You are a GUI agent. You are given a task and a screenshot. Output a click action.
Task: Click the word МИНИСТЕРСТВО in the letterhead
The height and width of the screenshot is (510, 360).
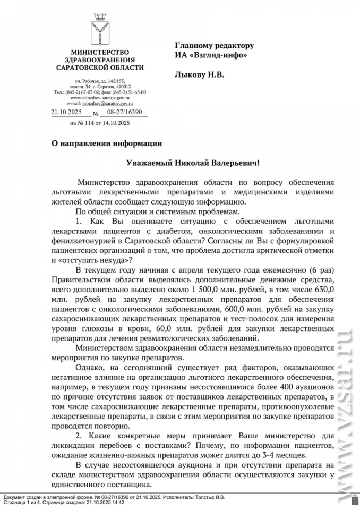[x=100, y=52]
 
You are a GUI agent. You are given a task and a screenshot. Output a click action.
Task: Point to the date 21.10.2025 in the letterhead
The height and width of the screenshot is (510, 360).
[x=66, y=112]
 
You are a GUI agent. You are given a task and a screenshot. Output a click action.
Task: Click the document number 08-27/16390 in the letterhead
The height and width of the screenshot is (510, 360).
[x=125, y=112]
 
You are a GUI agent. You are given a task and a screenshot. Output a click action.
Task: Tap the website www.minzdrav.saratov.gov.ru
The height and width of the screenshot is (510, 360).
[x=100, y=98]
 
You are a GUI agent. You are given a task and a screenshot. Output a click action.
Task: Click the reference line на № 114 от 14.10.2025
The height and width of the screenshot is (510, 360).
[x=100, y=123]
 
